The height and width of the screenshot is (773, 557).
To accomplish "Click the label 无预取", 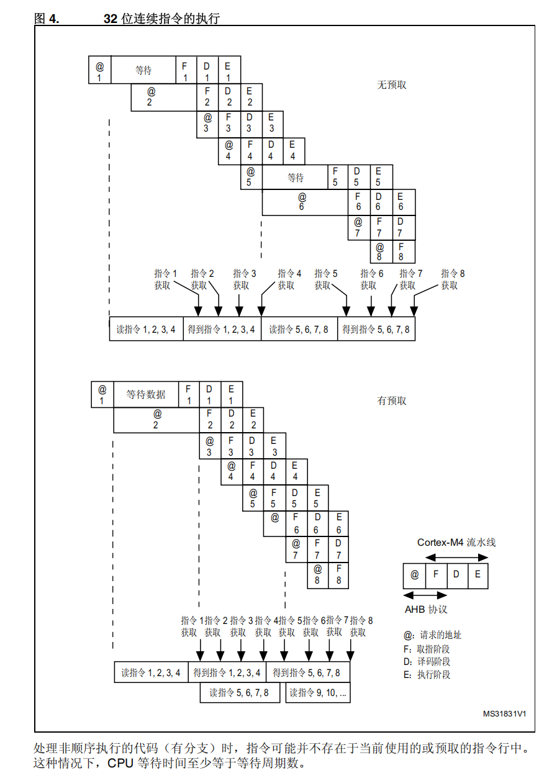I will point(391,84).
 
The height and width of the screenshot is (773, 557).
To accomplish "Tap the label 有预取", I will point(392,401).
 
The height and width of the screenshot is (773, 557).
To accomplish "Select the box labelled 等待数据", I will point(146,394).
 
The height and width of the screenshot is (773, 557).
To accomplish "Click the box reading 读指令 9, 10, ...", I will point(318,692).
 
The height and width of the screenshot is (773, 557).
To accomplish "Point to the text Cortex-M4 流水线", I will point(456,542).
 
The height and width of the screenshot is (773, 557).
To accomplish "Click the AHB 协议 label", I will point(426,609).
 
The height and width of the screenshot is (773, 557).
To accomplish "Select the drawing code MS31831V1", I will point(505,713).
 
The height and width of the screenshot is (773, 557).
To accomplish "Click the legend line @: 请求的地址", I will point(432,635).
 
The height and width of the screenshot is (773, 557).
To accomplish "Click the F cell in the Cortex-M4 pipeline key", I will point(436,575).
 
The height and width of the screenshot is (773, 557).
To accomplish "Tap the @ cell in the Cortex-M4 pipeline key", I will point(414,575).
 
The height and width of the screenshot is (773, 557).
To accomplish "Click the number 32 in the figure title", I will point(110,19).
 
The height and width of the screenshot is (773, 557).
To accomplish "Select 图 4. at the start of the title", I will point(47,19).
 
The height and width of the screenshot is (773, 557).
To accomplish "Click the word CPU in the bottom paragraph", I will point(120,762).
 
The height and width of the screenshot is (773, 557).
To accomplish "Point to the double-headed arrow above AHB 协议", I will point(425,595).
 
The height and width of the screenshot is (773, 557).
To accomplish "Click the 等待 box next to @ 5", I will point(296,178).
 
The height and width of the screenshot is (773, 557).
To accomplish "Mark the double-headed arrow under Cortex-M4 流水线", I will point(457,556).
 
